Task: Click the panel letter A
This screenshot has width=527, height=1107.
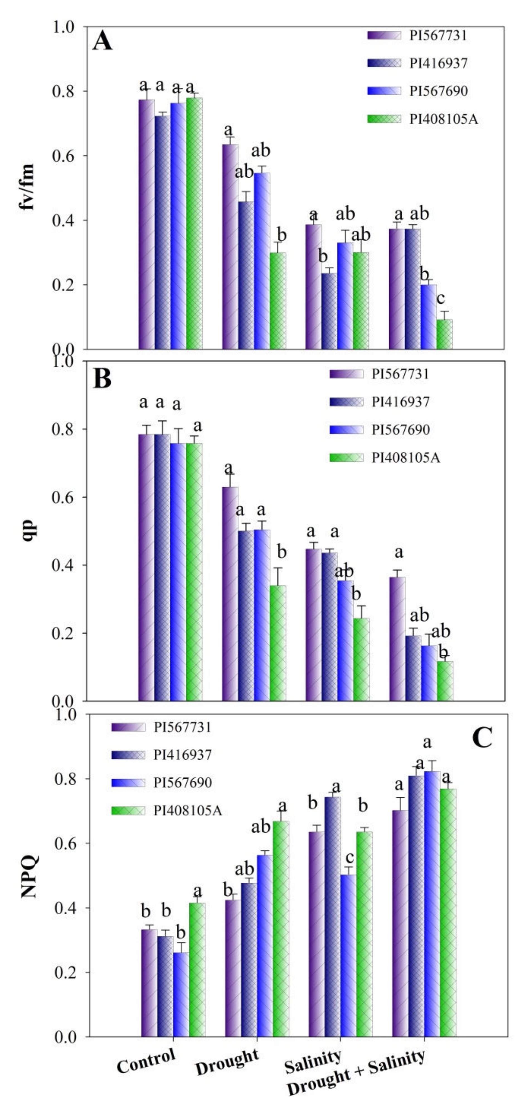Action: point(102,42)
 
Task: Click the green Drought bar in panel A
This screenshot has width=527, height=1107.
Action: point(278,301)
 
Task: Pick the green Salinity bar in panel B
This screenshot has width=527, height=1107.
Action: point(361,659)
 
